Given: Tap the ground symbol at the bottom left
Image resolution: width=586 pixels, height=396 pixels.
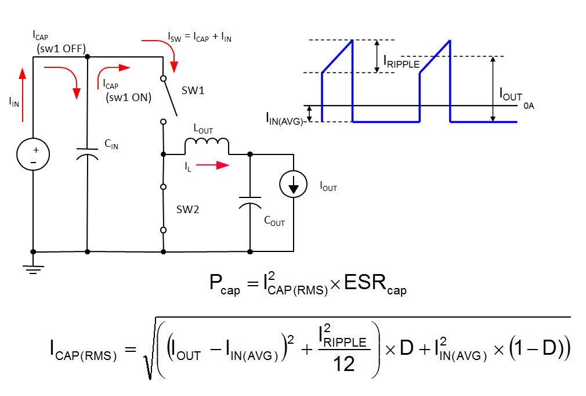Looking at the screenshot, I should pos(33,268).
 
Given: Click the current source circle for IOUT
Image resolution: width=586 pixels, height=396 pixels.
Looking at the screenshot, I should pos(294,184).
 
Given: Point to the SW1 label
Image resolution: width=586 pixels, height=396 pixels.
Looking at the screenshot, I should pos(193,91).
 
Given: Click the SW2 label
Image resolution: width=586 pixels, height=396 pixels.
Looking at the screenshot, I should pos(188,210).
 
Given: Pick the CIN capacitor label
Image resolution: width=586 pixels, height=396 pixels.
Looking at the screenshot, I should pos(111,146).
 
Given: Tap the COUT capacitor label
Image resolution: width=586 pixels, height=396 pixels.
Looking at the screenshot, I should pos(274,221).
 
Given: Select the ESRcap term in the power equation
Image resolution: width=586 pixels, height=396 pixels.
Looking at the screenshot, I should pos(376,285).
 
